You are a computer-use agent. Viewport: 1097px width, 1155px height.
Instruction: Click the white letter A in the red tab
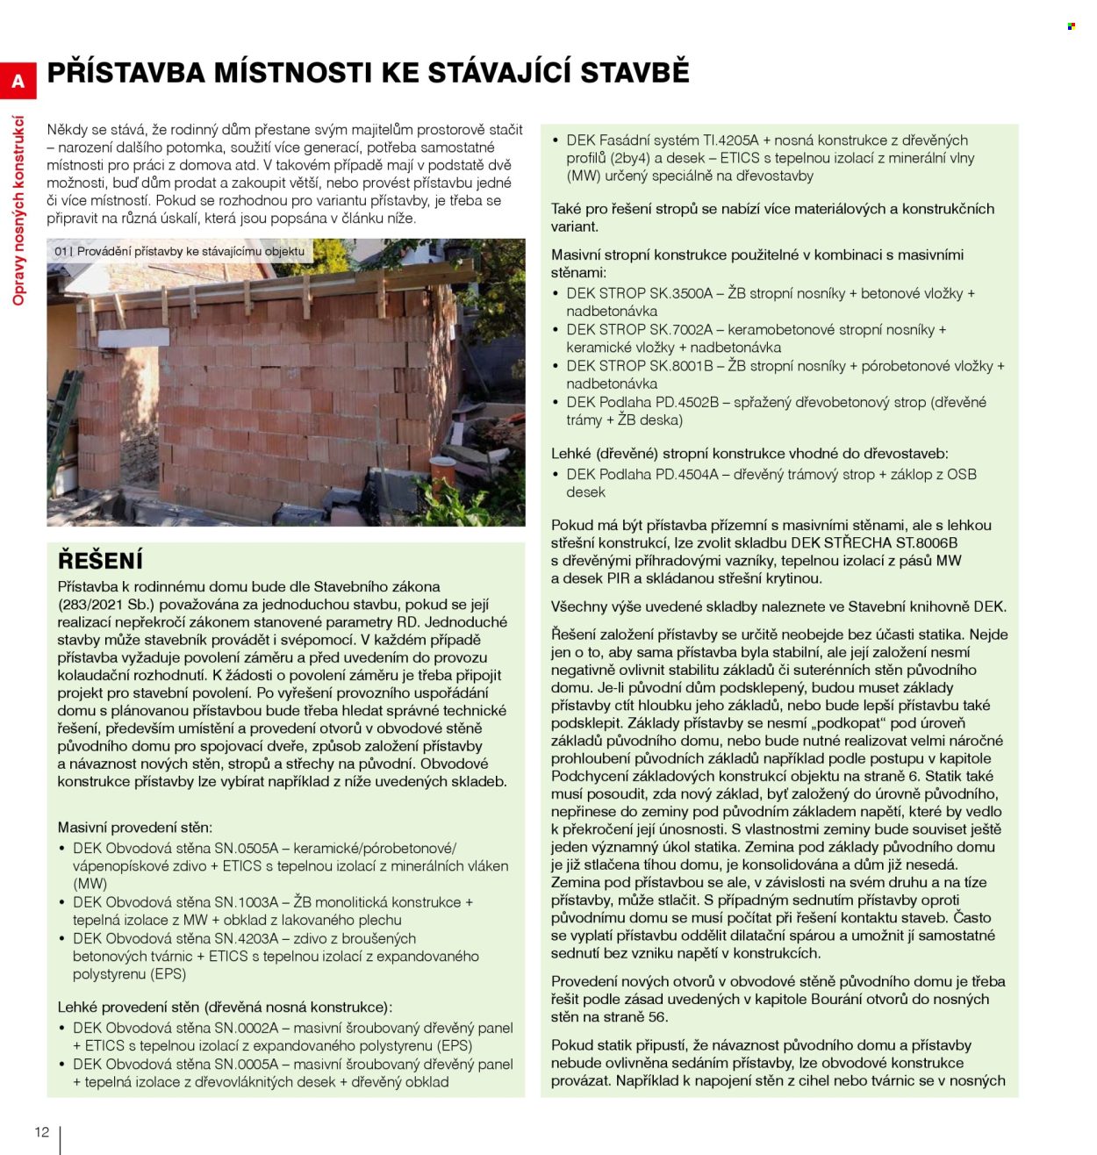coord(18,82)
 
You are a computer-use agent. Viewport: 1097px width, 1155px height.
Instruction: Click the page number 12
coord(41,1131)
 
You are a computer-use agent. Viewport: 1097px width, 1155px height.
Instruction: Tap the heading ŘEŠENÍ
coord(100,560)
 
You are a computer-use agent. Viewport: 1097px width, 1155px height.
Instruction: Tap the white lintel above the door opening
coord(133,339)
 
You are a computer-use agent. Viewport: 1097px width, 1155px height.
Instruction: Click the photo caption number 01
coord(61,252)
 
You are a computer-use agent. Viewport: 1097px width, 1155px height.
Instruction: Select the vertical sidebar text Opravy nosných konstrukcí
coord(18,211)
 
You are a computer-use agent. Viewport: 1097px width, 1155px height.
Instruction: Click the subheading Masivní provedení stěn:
coord(134,827)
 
